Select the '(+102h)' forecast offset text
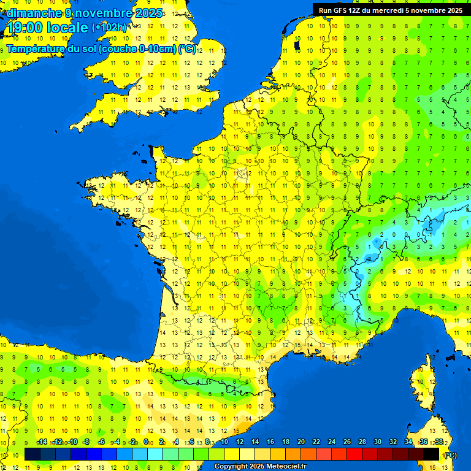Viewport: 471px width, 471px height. pyautogui.click(x=109, y=28)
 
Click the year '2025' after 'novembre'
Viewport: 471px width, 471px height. pyautogui.click(x=149, y=13)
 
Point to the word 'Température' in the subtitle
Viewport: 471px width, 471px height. pyautogui.click(x=36, y=49)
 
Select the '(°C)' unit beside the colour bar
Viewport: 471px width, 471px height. pyautogui.click(x=450, y=454)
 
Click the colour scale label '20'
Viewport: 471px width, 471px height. pyautogui.click(x=301, y=442)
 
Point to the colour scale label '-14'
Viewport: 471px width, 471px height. pyautogui.click(x=42, y=442)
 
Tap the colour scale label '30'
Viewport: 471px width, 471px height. pyautogui.click(x=377, y=442)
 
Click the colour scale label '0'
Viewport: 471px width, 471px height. pyautogui.click(x=146, y=442)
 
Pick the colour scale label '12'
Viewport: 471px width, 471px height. pyautogui.click(x=240, y=442)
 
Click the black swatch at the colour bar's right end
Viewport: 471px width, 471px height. pyautogui.click(x=431, y=454)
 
